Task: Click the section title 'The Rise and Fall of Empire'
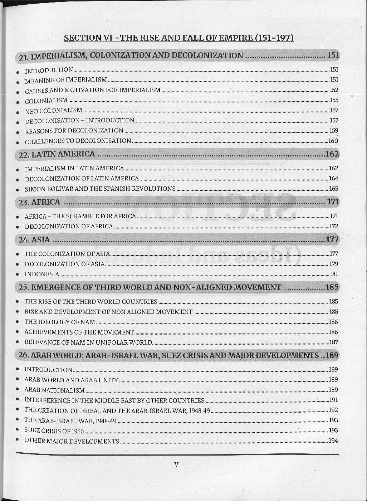click(x=178, y=38)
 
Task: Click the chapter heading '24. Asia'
click(x=34, y=239)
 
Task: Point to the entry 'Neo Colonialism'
click(x=53, y=111)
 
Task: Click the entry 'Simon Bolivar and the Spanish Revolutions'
click(x=100, y=189)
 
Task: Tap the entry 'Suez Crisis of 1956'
click(x=54, y=431)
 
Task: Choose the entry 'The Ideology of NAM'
click(x=60, y=322)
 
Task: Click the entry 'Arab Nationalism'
click(x=54, y=390)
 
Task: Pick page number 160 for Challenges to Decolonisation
click(x=333, y=141)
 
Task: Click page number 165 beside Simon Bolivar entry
click(x=333, y=189)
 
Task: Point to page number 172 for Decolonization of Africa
click(x=333, y=226)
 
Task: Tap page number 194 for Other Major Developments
click(x=333, y=441)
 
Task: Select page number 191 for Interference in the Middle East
click(x=333, y=400)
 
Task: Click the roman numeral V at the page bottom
click(x=176, y=464)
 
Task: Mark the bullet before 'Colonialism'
click(x=18, y=101)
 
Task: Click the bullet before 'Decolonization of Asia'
click(x=18, y=264)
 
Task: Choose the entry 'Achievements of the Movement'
click(x=79, y=332)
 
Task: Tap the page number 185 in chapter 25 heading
click(x=332, y=287)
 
